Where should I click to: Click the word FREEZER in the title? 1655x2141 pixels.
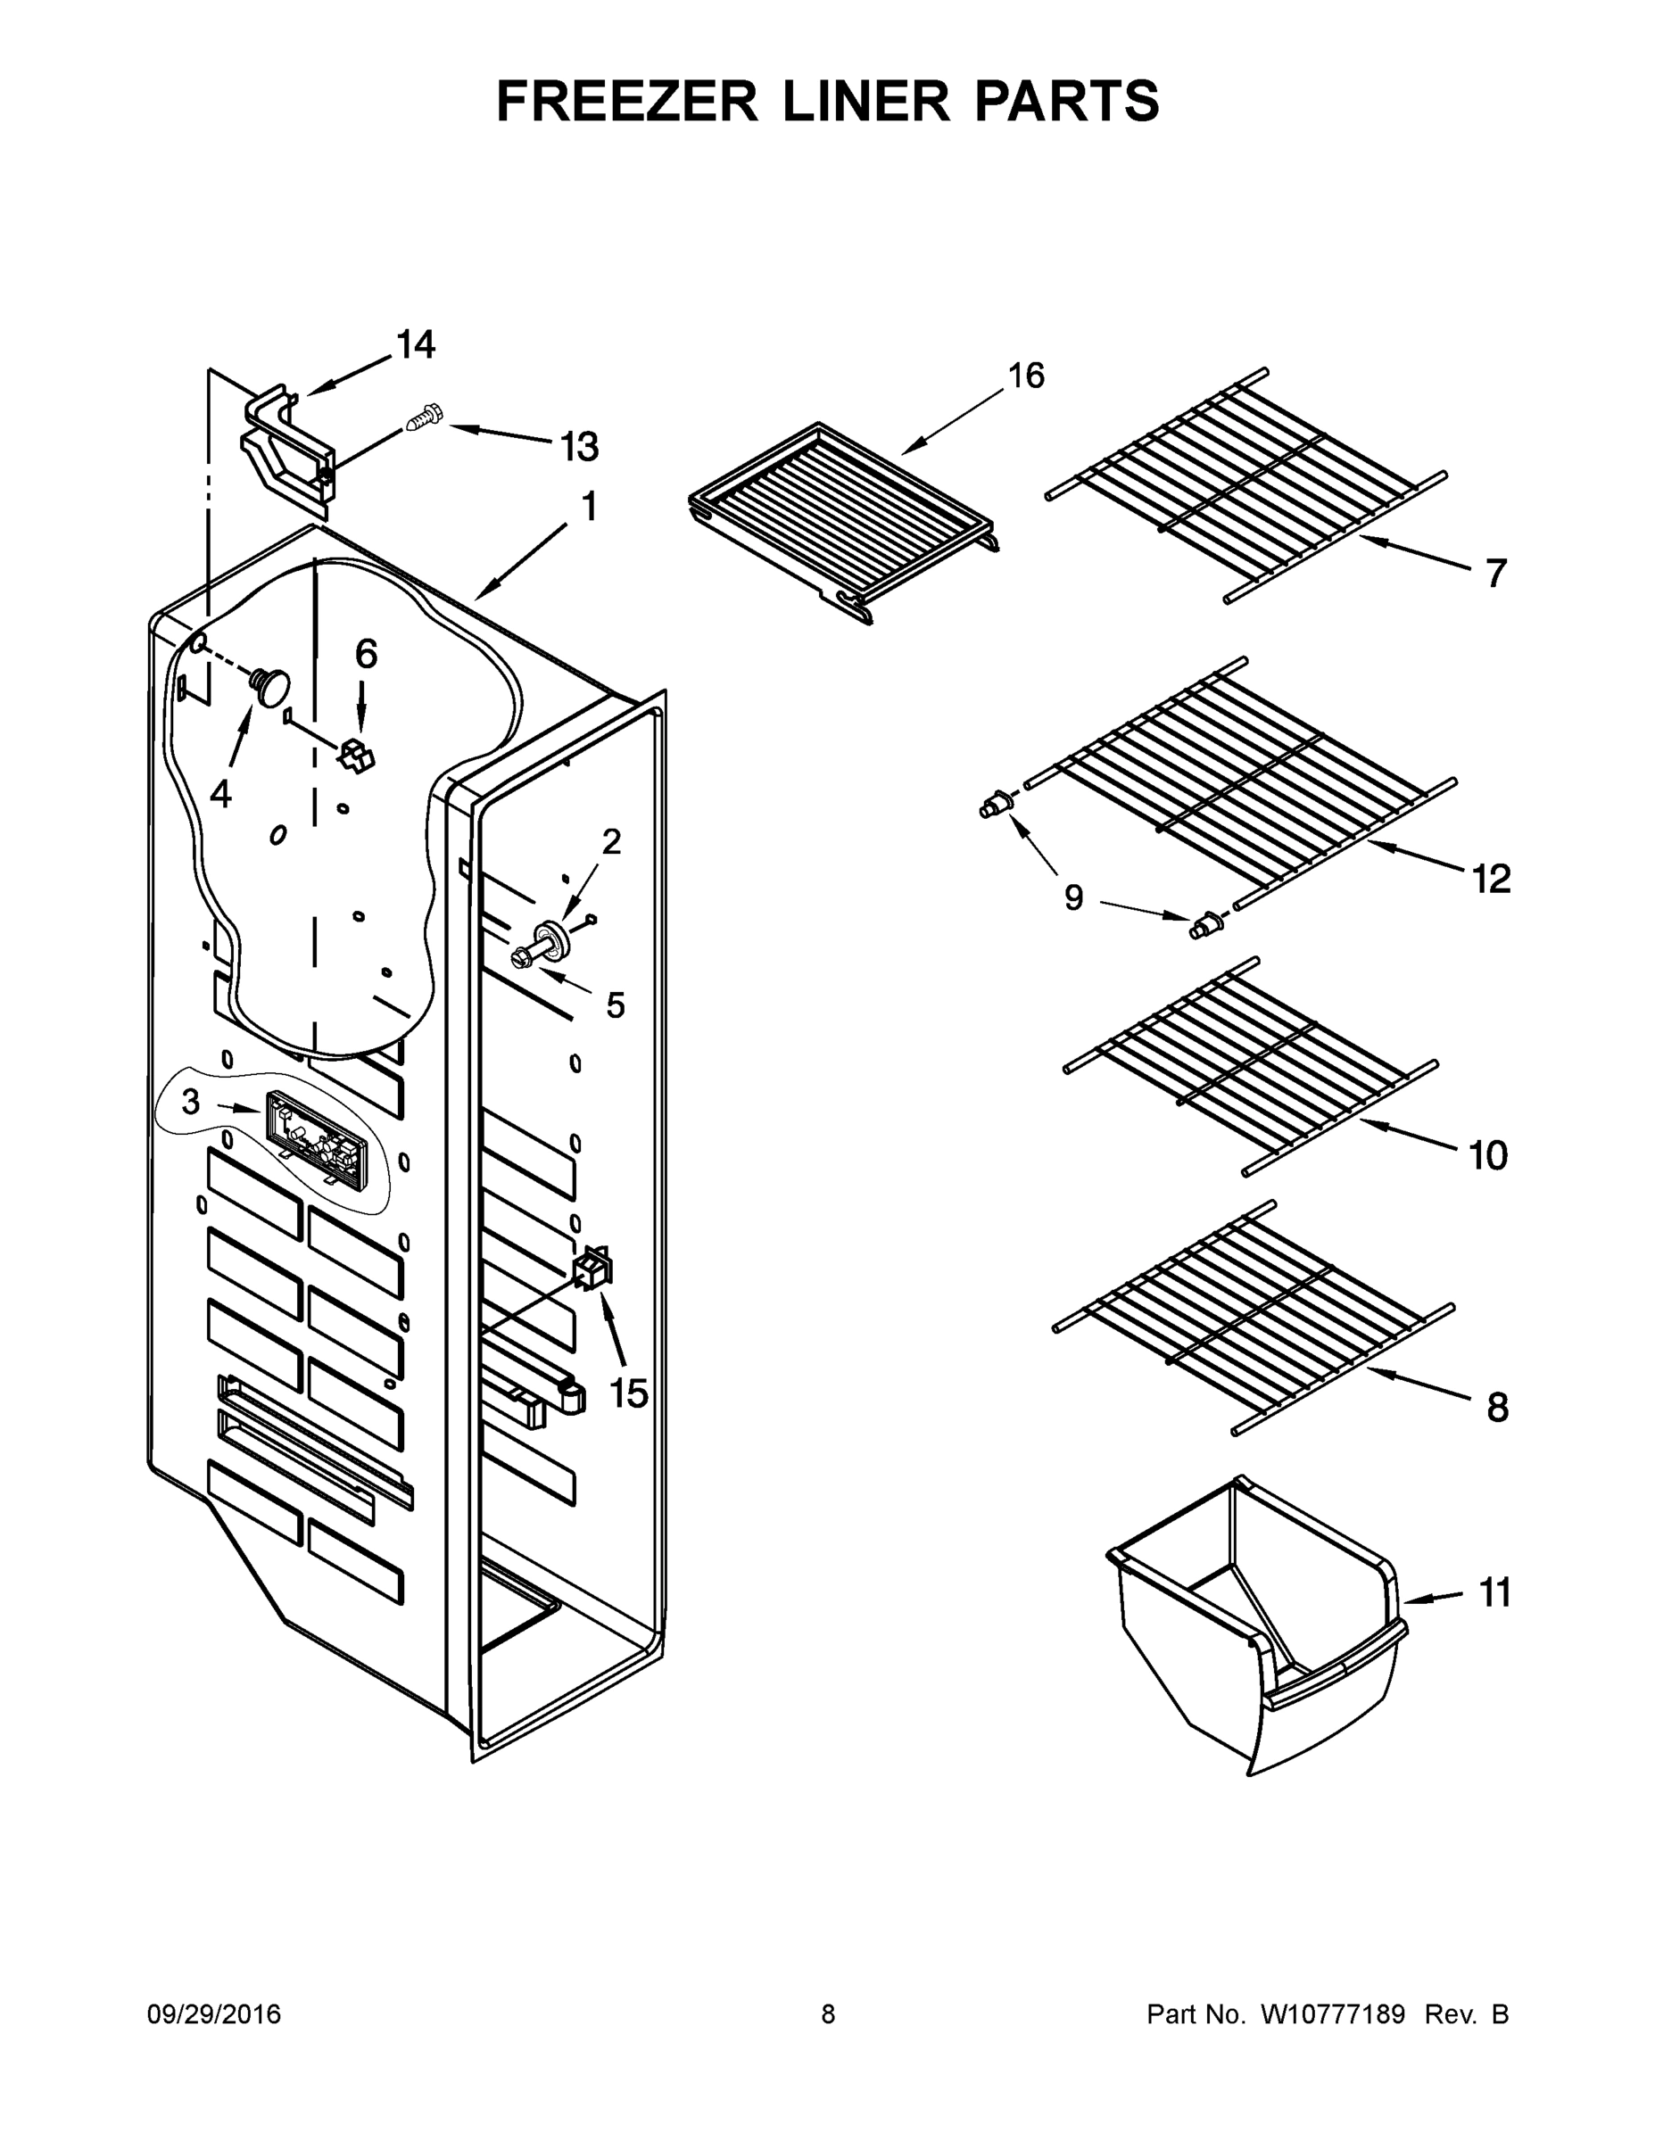626,101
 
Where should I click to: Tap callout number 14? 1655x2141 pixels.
416,345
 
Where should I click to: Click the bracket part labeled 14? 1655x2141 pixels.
286,445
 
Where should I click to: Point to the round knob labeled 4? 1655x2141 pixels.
271,683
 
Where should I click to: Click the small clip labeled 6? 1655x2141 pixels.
357,755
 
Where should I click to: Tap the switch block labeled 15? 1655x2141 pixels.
594,1269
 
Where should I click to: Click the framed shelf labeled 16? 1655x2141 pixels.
845,515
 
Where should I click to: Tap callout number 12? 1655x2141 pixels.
1490,880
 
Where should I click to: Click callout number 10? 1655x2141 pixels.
1487,1156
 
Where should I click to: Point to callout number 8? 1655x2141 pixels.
1497,1409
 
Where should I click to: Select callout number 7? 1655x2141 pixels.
1494,574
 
